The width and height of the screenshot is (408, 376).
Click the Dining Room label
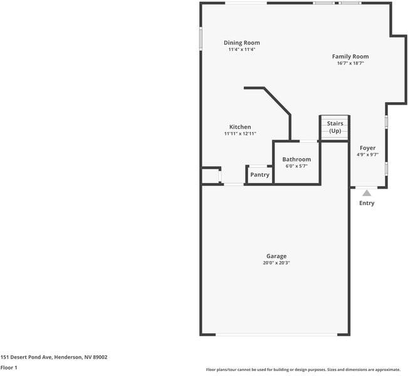pos(242,43)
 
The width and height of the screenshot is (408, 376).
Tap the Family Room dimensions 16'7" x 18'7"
pos(350,63)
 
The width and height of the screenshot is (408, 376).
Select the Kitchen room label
pos(240,127)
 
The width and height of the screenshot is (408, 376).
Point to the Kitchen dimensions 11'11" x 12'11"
pos(240,134)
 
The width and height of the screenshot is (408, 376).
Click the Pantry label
pos(259,175)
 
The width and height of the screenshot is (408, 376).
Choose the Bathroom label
pos(296,159)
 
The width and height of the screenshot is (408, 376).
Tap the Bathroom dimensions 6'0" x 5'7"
pos(296,167)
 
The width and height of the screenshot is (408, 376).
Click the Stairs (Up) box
pos(335,128)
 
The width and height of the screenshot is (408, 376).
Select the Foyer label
pos(367,148)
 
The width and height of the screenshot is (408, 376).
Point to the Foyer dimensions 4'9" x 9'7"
pos(367,155)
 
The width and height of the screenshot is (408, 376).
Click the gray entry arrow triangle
pos(367,193)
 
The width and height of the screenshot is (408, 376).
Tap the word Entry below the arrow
pos(367,203)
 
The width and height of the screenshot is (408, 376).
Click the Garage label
pos(276,256)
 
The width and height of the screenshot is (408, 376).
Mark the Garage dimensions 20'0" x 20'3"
pos(276,263)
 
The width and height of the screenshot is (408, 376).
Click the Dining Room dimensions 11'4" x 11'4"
pos(242,50)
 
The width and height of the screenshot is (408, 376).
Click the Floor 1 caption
pos(9,368)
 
